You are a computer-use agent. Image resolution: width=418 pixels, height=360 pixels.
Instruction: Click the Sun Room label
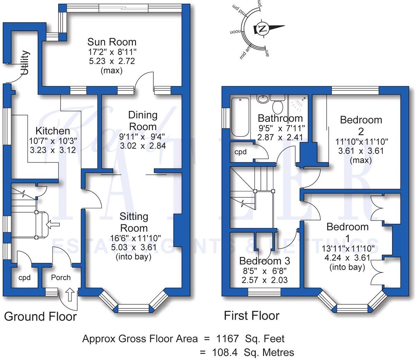[112, 42]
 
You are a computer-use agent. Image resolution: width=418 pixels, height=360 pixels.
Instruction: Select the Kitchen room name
[53, 131]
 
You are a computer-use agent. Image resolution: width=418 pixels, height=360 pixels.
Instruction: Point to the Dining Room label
[143, 120]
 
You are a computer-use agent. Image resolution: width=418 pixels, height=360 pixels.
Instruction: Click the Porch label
[61, 278]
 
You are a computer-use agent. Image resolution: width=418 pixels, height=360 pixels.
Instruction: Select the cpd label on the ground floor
[24, 278]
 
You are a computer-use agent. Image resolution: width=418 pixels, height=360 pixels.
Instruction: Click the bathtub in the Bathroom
[239, 117]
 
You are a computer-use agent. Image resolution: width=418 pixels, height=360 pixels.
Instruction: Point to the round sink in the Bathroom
[263, 99]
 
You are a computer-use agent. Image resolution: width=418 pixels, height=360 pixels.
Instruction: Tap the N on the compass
[263, 28]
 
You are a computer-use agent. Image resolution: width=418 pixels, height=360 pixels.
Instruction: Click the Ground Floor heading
[40, 316]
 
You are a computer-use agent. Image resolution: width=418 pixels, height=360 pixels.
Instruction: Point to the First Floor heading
[252, 316]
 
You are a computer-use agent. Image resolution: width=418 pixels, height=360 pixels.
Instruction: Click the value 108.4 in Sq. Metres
[225, 352]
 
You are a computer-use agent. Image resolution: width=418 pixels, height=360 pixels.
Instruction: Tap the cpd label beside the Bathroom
[240, 152]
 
